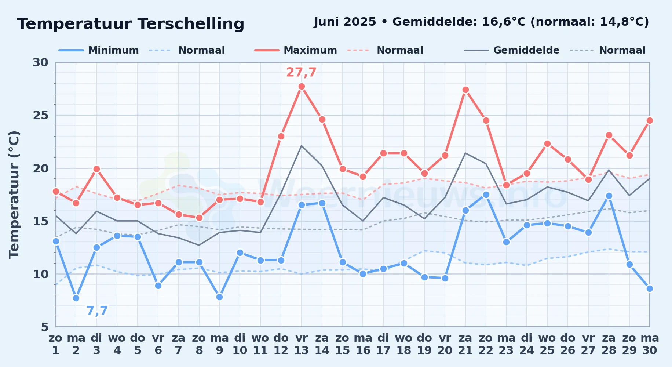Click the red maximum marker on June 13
coord(302,87)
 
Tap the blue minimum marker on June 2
coord(76,298)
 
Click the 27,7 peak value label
coord(301,72)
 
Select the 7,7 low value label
coord(97,311)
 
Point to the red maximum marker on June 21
coord(465,90)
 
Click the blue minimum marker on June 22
coord(486,195)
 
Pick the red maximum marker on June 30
coord(650,120)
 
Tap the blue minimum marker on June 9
coord(219,297)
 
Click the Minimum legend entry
coord(99,50)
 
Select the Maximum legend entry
coord(296,50)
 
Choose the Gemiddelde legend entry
coord(512,50)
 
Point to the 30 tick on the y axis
coord(40,62)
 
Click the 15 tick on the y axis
coord(40,221)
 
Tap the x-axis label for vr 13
coord(302,344)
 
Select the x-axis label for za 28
coord(609,344)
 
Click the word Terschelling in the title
coord(191,24)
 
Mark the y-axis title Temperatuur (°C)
coord(14,195)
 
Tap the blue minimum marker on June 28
coord(609,196)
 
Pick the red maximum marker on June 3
coord(96,169)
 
